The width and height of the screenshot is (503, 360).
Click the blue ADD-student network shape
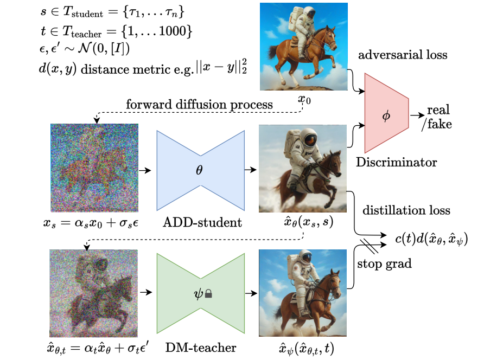pyautogui.click(x=201, y=170)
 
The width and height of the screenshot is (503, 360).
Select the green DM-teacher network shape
pyautogui.click(x=201, y=293)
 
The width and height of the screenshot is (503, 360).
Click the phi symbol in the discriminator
pyautogui.click(x=386, y=116)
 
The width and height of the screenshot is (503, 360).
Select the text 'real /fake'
pyautogui.click(x=437, y=117)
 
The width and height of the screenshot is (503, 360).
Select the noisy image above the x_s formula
pyautogui.click(x=94, y=169)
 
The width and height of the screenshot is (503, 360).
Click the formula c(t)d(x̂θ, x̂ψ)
pyautogui.click(x=432, y=237)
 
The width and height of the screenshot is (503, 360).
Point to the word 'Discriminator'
pyautogui.click(x=396, y=162)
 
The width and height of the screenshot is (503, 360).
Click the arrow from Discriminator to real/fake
pyautogui.click(x=417, y=115)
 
